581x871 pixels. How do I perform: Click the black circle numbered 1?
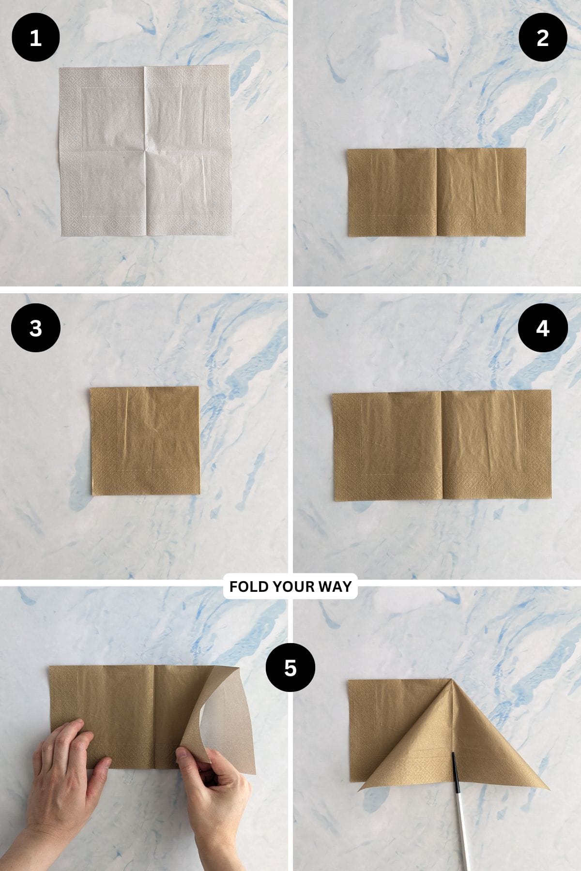click(x=35, y=38)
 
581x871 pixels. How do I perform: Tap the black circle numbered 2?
click(x=542, y=38)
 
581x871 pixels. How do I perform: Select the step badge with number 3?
click(x=35, y=328)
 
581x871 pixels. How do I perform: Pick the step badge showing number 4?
click(x=542, y=328)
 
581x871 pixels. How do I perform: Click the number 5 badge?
click(x=290, y=668)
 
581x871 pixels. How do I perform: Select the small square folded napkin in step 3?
click(x=145, y=440)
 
